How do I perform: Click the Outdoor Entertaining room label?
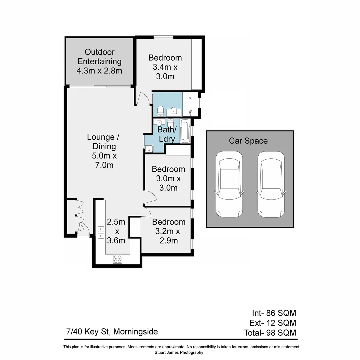point(99,57)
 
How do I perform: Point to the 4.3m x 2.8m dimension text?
point(99,71)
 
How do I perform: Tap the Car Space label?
point(248,141)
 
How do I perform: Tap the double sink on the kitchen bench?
point(101,232)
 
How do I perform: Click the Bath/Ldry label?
point(166,134)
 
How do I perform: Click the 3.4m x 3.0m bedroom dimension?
point(165,72)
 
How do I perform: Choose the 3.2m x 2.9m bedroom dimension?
point(168,236)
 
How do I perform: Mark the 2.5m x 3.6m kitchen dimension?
point(116,231)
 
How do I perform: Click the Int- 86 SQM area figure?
point(274,313)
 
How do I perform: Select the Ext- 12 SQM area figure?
point(272,323)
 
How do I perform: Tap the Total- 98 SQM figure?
point(270,332)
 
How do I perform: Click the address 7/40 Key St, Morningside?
point(112,332)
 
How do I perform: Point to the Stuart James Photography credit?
point(179,352)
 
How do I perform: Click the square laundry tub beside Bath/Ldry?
point(149,149)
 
